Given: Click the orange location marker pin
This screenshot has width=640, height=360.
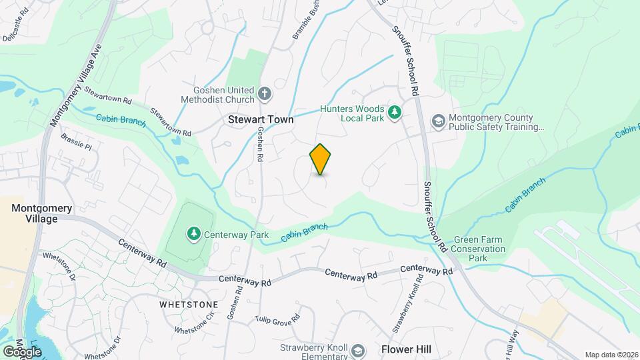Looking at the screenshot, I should pos(321,159).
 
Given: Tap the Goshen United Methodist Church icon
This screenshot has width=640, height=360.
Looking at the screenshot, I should pos(265,93).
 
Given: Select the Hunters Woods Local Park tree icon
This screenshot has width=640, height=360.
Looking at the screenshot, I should pos(395,111).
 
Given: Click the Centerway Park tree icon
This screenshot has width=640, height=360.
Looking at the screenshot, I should pos(194,234).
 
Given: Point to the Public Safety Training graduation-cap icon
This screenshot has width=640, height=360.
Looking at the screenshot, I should pos(438,121).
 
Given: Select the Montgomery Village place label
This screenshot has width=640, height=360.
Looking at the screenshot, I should pos(41,213).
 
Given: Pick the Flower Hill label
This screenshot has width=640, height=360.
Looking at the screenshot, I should pos(406,349).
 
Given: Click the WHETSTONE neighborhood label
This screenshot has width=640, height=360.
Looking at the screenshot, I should pos(189,304).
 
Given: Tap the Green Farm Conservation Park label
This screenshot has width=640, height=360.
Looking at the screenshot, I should pos(478,249).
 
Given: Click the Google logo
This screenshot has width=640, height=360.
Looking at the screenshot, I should pos(21,351).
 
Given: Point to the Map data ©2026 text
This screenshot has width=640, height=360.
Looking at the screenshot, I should pos(611,355).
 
